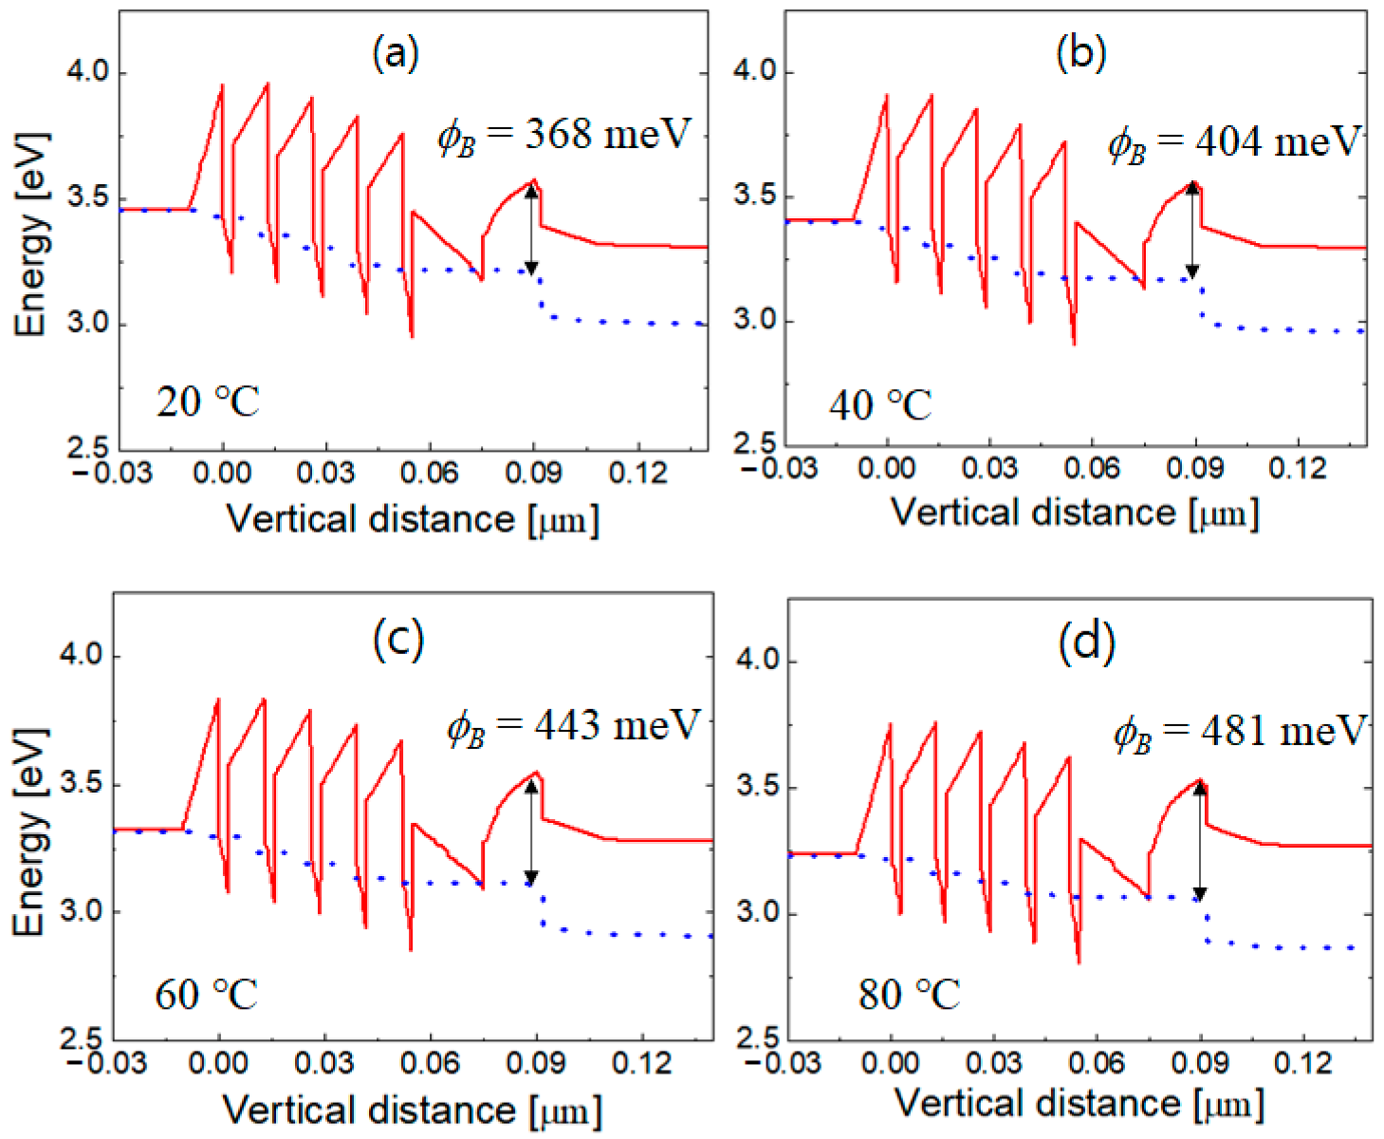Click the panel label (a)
[396, 54]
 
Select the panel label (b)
[1080, 53]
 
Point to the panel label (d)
[1086, 643]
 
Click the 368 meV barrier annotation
[564, 136]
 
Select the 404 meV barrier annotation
[1234, 142]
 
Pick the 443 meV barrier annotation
[573, 726]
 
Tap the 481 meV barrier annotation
[1240, 732]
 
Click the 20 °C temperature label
[207, 402]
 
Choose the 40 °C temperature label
[879, 406]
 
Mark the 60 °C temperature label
[206, 995]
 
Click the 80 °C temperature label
[909, 995]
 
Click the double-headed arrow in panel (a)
[531, 230]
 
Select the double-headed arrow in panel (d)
[1200, 841]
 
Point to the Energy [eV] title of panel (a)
[30, 234]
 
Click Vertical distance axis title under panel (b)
[1075, 513]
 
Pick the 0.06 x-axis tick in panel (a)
[430, 472]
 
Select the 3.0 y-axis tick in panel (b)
[755, 321]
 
